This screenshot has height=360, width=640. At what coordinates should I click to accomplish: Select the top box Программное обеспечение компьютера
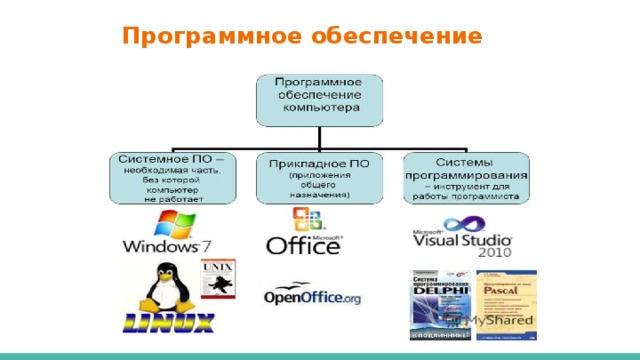[317, 98]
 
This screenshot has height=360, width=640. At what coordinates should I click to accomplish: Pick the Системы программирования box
[466, 178]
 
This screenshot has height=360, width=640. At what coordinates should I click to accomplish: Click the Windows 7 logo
[167, 240]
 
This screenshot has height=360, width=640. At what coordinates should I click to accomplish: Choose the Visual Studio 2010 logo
[462, 243]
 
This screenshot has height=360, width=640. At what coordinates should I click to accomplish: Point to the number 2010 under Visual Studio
[493, 254]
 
